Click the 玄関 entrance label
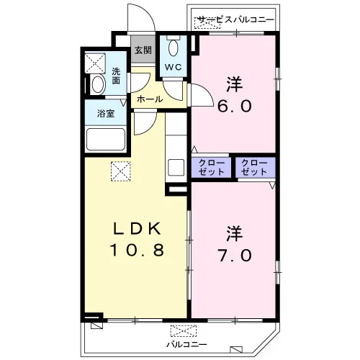tap(143, 50)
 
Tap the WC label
tap(173, 68)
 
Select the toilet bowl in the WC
tap(173, 48)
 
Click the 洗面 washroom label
tap(116, 76)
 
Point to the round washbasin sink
tap(98, 84)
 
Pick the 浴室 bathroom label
tap(106, 114)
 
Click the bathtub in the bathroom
tap(106, 140)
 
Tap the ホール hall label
tap(150, 99)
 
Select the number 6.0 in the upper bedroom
tap(235, 106)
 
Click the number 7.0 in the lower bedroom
tap(235, 255)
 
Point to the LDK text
tap(137, 229)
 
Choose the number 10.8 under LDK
tap(137, 250)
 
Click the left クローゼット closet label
tap(211, 167)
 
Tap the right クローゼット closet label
tap(254, 167)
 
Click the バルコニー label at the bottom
tap(186, 345)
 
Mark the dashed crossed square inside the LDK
tap(121, 171)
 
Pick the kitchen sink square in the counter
tap(176, 168)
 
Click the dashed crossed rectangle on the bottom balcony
tap(184, 331)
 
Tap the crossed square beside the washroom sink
tap(95, 63)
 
